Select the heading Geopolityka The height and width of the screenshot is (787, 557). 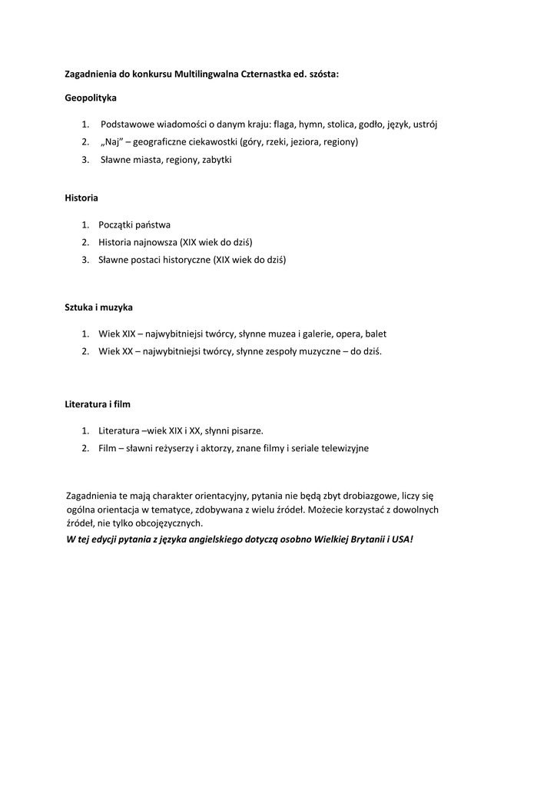click(x=91, y=98)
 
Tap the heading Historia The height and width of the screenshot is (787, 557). click(x=81, y=198)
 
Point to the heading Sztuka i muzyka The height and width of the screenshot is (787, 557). click(x=99, y=307)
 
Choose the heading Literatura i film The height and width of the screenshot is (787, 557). click(x=98, y=403)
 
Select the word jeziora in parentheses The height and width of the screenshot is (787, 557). click(x=305, y=142)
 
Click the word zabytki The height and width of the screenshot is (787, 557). click(x=217, y=160)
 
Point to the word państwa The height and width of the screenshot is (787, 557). click(x=152, y=224)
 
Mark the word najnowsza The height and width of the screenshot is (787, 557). click(x=155, y=242)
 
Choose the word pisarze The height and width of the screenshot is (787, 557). click(x=244, y=430)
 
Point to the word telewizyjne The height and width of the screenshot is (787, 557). click(x=343, y=448)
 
